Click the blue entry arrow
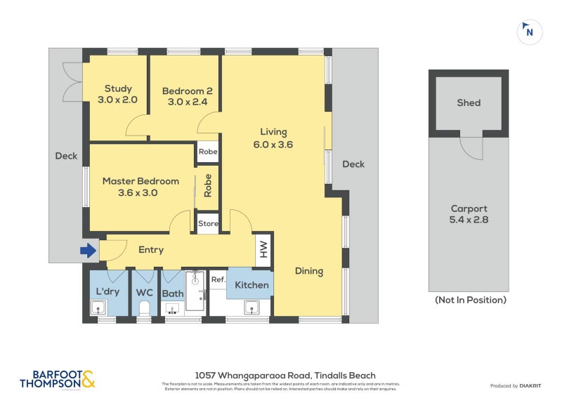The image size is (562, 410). tap(89, 250)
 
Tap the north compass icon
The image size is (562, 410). tap(530, 32)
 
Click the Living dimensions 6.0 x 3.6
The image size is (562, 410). tap(273, 145)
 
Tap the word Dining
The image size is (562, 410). tap(309, 271)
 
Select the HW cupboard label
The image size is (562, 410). tap(264, 249)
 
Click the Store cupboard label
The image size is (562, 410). tap(208, 224)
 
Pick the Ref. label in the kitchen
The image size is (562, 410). tap(218, 279)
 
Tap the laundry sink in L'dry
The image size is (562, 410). tap(98, 307)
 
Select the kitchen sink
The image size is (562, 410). tap(251, 307)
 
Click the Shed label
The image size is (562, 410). tap(469, 102)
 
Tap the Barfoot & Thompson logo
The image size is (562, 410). tap(58, 380)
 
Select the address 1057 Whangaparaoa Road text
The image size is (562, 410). tap(285, 376)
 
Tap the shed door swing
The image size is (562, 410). tap(472, 147)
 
